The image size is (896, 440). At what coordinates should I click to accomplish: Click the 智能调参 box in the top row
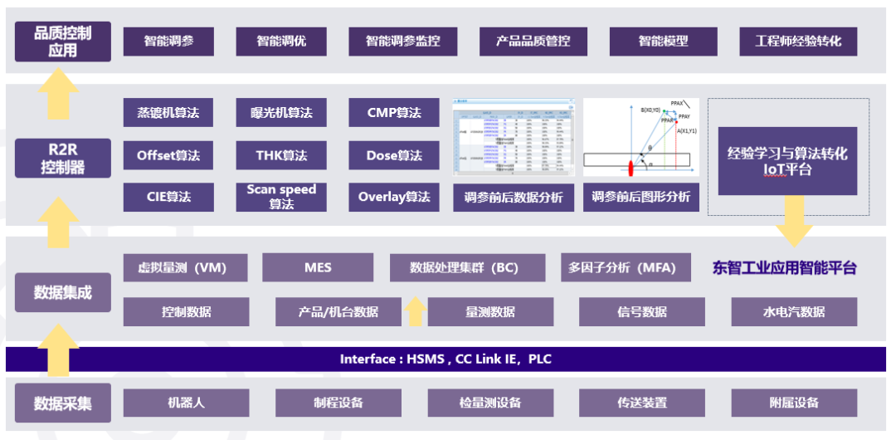point(168,41)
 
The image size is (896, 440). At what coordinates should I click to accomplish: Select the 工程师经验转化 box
point(798,41)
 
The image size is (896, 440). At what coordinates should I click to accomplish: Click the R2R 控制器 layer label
point(62,158)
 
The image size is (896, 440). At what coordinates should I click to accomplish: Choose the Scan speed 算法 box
point(281,197)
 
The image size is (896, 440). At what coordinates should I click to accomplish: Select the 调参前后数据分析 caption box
point(514,198)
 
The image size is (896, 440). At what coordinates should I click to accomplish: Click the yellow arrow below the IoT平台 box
point(795,222)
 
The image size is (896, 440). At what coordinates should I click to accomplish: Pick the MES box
point(317,267)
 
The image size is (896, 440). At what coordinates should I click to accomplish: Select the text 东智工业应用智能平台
point(785,268)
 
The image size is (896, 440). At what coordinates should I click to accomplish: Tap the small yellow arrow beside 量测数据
point(416,311)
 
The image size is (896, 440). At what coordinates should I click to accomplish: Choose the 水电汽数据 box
point(794,312)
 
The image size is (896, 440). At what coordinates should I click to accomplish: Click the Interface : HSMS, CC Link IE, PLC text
point(446,359)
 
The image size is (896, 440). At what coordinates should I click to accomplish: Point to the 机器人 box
point(186,403)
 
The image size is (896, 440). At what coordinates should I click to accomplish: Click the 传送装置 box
point(642,403)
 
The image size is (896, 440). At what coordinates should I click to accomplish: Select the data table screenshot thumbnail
point(514,138)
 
